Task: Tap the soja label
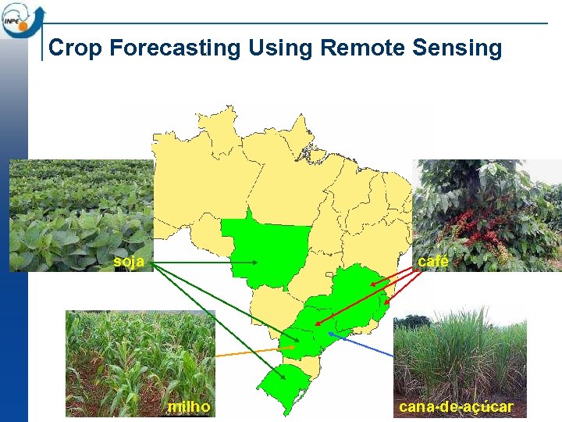pos(129,262)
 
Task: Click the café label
pos(433,262)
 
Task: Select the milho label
pos(189,407)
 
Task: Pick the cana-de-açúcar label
pos(456,407)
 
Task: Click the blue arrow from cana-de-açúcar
pos(363,345)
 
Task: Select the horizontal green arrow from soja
pos(203,263)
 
